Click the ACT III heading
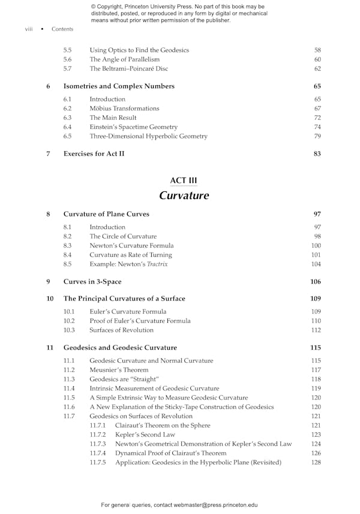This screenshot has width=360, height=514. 184,181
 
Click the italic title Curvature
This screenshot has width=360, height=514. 184,196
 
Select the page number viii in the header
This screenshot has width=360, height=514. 29,29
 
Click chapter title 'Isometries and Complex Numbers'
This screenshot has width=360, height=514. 119,86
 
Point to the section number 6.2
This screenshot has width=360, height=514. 67,109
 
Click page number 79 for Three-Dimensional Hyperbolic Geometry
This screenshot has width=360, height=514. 317,136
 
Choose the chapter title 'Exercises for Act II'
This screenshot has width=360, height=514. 94,154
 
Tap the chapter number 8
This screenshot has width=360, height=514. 48,214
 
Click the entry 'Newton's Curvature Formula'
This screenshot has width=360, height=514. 131,246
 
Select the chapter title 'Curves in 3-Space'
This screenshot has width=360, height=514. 92,282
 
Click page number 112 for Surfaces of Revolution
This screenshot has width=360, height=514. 316,330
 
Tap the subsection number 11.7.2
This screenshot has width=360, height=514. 97,435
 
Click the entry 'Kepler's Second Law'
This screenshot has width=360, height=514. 145,435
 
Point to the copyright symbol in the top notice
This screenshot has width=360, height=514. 94,7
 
